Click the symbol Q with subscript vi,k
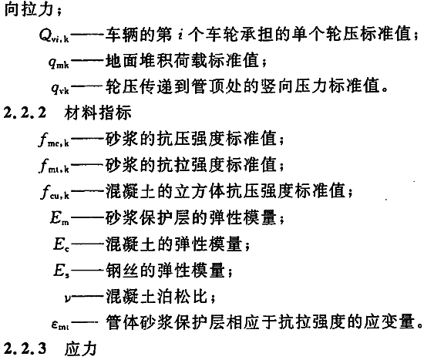click(54, 35)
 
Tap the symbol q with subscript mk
click(59, 62)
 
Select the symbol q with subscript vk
click(60, 88)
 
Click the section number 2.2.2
click(25, 113)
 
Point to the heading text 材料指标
click(98, 113)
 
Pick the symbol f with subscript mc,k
click(54, 140)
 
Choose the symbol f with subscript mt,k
click(54, 165)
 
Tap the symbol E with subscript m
click(59, 217)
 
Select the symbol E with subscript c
click(61, 244)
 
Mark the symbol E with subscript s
click(61, 271)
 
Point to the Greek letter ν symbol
click(68, 298)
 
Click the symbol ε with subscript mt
click(60, 324)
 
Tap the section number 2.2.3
click(25, 349)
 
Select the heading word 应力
click(81, 349)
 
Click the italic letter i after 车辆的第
click(180, 35)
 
